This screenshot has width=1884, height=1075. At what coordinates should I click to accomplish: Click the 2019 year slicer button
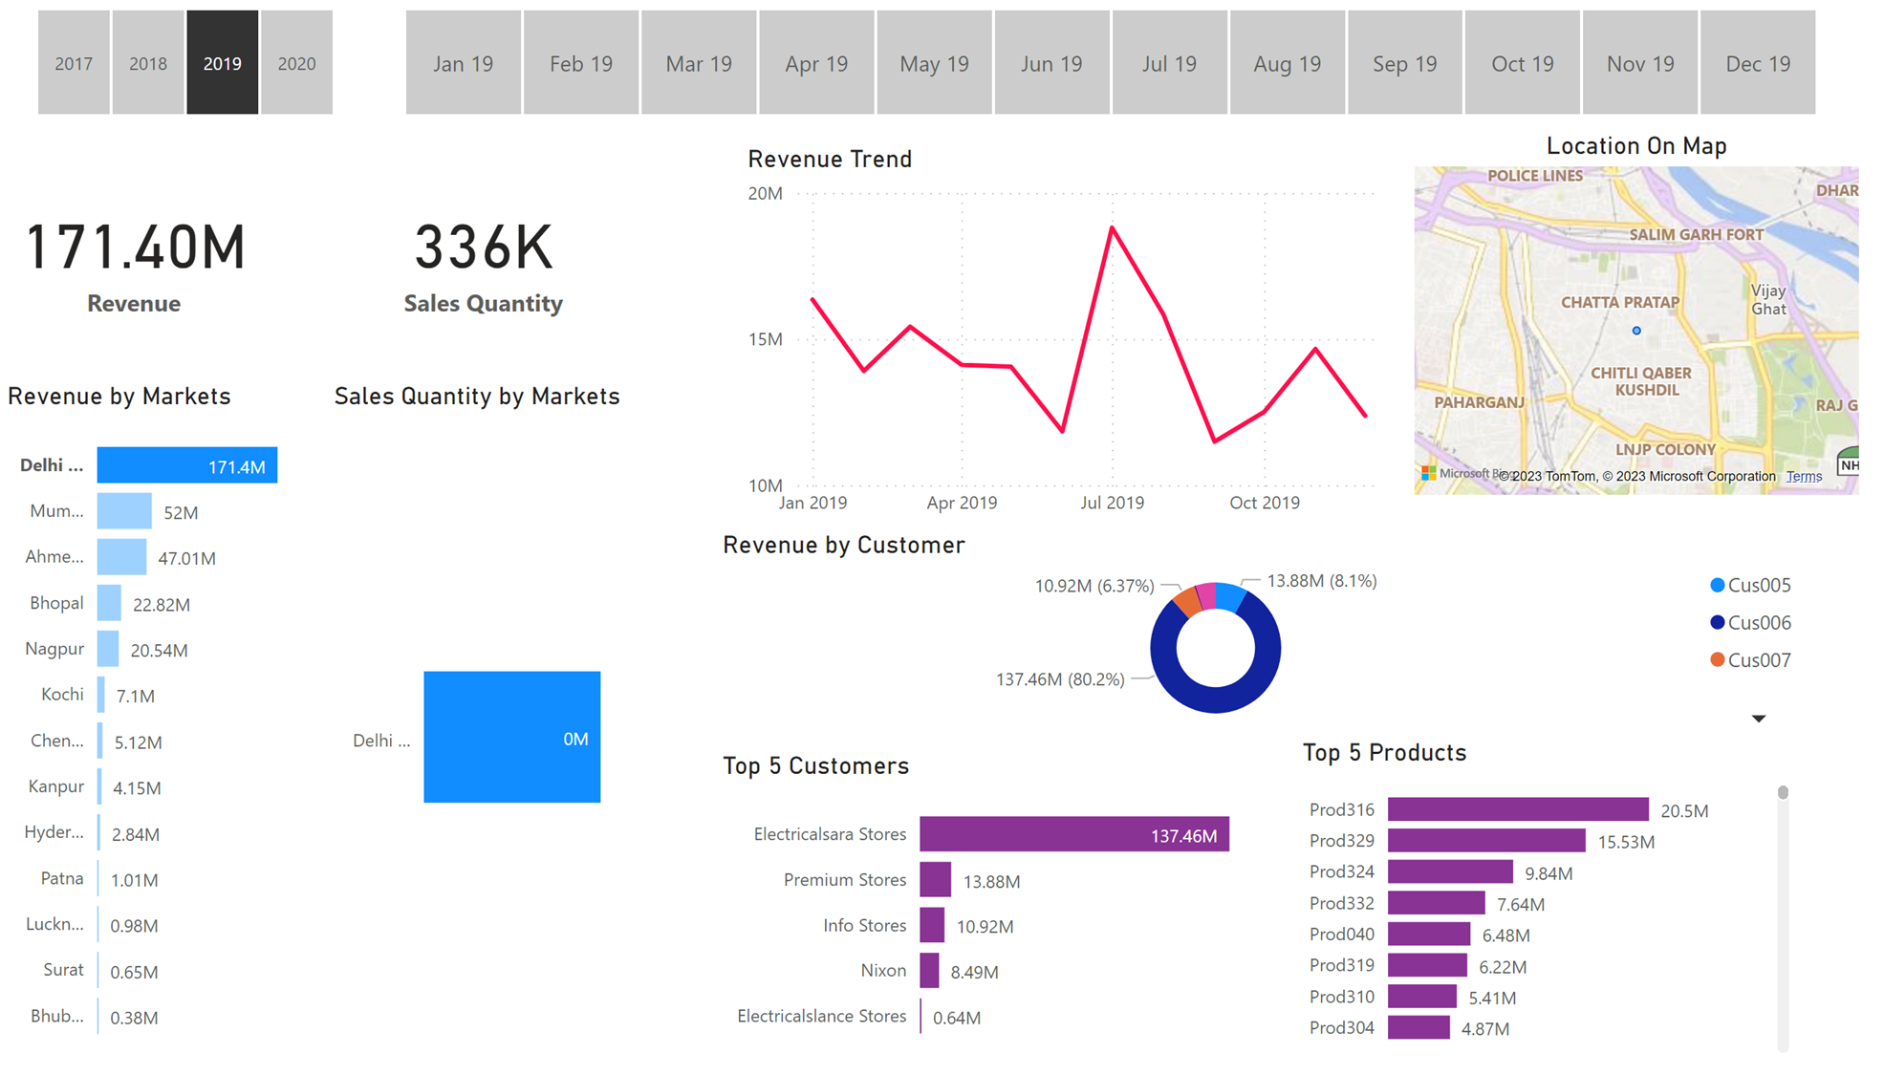tap(222, 63)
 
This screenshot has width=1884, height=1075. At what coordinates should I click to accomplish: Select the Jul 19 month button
tap(1169, 63)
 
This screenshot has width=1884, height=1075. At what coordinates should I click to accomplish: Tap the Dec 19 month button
tap(1757, 63)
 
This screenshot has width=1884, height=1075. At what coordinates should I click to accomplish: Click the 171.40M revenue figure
tap(136, 247)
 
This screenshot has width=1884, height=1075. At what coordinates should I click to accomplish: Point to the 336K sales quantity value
tap(483, 247)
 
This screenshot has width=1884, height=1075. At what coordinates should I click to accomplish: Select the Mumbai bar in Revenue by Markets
tap(124, 511)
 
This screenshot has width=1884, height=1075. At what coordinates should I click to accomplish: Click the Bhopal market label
tap(56, 603)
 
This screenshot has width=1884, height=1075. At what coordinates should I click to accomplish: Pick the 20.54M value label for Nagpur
tap(159, 651)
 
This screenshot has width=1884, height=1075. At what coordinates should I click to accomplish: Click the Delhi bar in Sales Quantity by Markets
tap(511, 737)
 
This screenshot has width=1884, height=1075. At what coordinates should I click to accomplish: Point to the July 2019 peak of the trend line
tap(1112, 228)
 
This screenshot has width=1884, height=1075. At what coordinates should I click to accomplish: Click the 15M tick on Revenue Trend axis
tap(765, 339)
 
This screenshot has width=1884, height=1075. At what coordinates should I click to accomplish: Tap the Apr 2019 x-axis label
tap(962, 503)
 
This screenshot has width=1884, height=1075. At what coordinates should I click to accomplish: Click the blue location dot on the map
tap(1636, 331)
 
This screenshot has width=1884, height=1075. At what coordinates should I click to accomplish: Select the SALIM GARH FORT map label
tap(1696, 234)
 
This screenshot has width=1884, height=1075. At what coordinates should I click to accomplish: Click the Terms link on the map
tap(1804, 476)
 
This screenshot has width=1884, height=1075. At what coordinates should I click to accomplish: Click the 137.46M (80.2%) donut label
tap(1060, 679)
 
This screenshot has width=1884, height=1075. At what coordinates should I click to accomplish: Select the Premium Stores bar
tap(935, 880)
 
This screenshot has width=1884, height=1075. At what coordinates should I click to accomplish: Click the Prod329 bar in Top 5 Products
tap(1485, 841)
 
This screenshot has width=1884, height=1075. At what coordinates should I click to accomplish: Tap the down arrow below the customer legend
tap(1758, 719)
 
